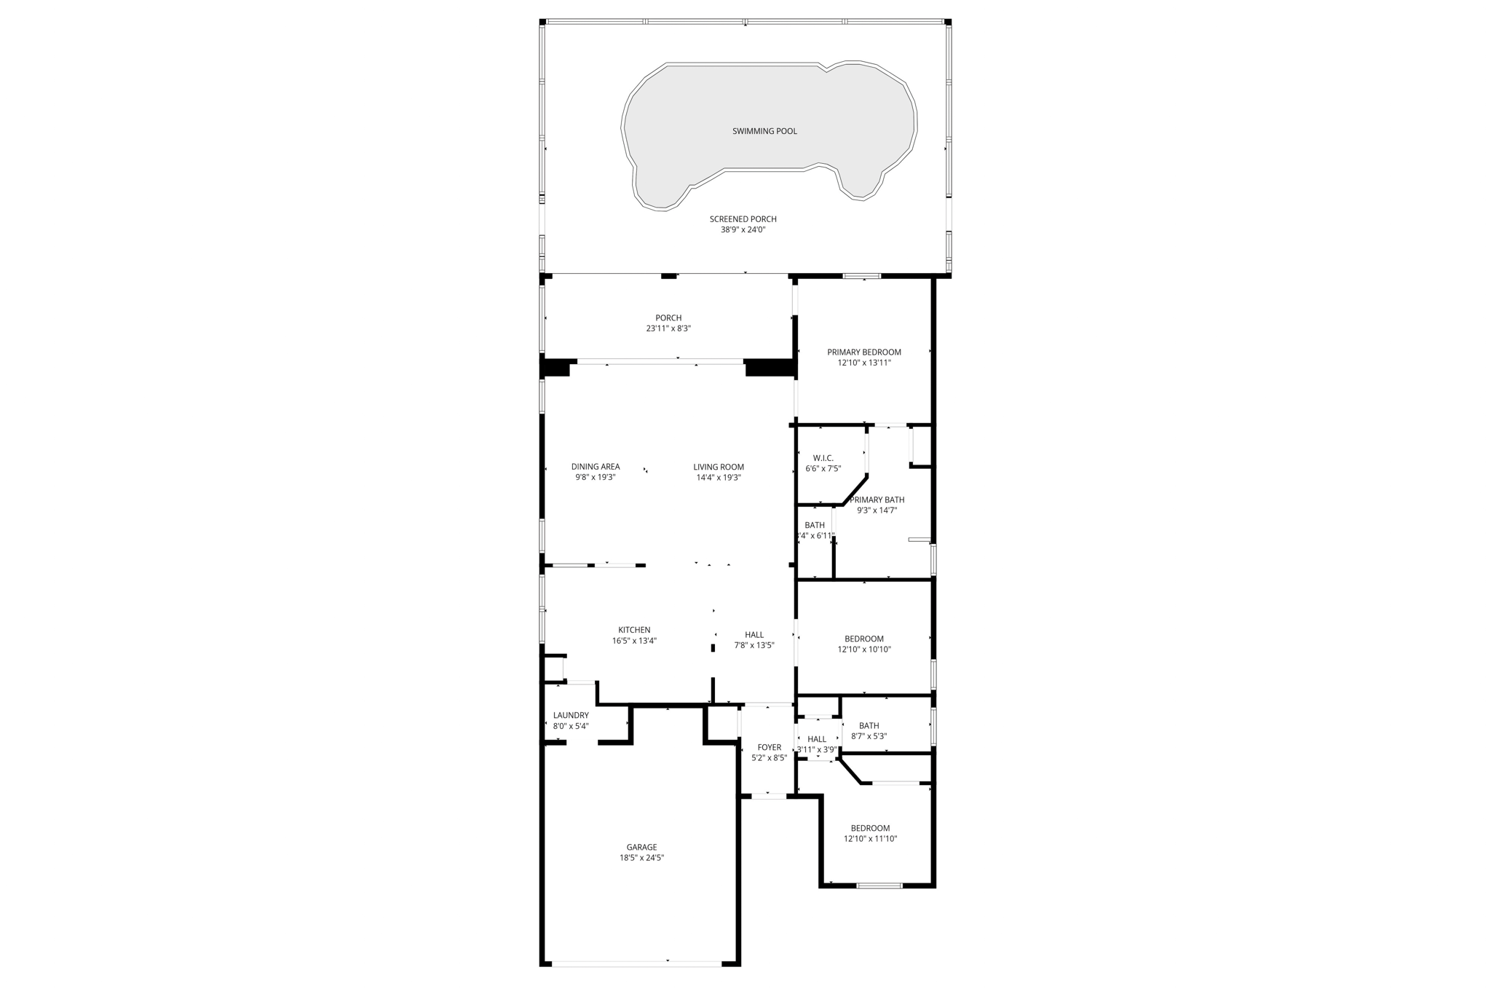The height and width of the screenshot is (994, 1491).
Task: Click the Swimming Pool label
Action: [x=764, y=131]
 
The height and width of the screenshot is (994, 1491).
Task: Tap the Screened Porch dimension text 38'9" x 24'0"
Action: [x=743, y=230]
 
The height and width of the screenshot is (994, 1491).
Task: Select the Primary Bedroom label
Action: [x=863, y=352]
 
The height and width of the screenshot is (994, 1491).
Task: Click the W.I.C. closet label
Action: [x=823, y=458]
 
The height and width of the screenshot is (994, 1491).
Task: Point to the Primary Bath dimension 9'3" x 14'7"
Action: [x=877, y=510]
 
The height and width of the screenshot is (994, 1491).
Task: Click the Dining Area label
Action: [x=596, y=467]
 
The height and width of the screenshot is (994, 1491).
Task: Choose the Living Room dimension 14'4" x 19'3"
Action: [x=718, y=478]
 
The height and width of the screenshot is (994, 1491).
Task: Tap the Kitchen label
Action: [x=634, y=630]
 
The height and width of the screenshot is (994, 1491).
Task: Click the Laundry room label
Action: [x=571, y=715]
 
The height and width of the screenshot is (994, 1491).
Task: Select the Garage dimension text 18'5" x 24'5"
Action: [x=641, y=858]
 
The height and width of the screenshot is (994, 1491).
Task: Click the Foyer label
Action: [x=769, y=747]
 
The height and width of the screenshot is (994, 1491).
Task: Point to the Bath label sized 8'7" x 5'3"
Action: [x=869, y=725]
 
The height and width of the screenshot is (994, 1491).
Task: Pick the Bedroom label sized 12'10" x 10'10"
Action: [x=863, y=639]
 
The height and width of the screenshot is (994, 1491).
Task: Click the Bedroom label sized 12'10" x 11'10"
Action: [x=870, y=828]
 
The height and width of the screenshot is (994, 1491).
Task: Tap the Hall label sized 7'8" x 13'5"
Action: [x=754, y=634]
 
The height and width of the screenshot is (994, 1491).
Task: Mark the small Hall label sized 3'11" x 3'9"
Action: [x=817, y=739]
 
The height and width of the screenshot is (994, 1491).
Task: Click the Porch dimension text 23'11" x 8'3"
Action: [x=668, y=328]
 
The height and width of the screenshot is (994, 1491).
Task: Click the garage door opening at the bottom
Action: [x=637, y=964]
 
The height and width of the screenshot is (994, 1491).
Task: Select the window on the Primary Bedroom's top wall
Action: [x=862, y=276]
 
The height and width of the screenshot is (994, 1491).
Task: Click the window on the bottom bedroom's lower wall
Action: [x=879, y=885]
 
